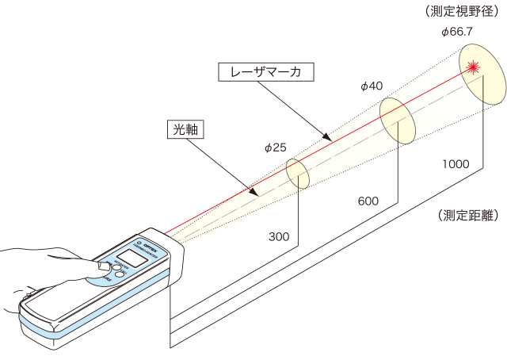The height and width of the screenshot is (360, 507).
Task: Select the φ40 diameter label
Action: [371, 85]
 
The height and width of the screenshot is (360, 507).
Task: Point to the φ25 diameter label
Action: [276, 147]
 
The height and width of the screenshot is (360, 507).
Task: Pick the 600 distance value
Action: [368, 201]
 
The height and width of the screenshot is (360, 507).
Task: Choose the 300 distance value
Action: [278, 236]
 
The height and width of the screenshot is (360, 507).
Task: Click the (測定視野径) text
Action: [467, 11]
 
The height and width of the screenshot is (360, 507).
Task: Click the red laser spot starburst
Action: [475, 67]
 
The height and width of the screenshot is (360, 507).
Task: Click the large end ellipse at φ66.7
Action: [482, 74]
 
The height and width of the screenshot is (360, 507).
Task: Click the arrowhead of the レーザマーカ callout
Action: [324, 134]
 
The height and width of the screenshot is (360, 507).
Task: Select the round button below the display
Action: [113, 272]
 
